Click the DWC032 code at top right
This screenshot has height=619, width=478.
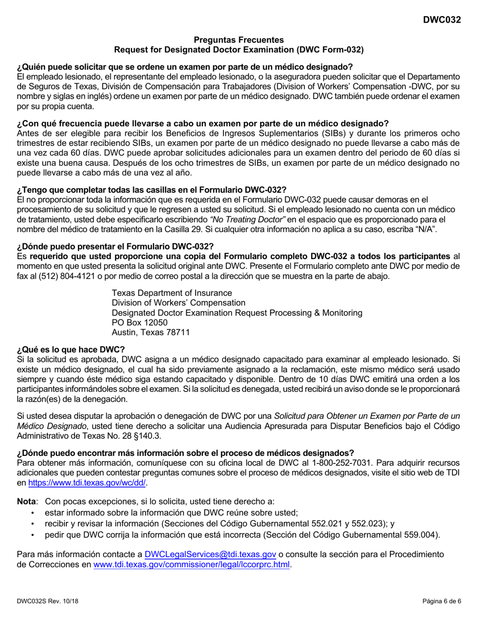pos(442,21)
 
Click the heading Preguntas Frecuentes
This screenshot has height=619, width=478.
pos(238,40)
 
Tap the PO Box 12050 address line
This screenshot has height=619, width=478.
pos(136,323)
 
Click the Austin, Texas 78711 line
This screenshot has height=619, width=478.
pos(150,332)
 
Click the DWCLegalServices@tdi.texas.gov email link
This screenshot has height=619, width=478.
pos(210,555)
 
